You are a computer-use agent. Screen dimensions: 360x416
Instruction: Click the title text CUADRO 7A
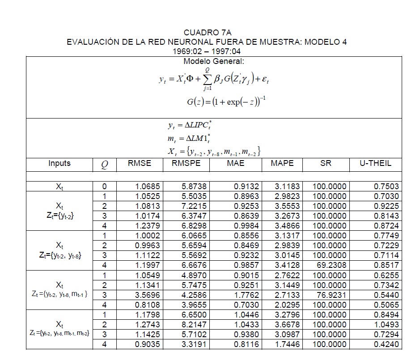click(206, 33)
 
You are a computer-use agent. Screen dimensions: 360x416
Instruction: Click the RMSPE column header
click(186, 163)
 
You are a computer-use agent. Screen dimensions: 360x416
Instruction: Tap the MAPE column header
click(282, 163)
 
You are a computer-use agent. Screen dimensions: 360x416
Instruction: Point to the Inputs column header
click(59, 163)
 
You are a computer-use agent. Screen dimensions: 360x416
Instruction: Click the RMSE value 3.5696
click(147, 295)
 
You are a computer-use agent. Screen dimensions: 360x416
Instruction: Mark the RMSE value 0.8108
click(147, 305)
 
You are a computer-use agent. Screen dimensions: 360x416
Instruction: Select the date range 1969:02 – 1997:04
click(206, 51)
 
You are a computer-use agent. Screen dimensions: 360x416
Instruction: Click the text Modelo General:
click(213, 61)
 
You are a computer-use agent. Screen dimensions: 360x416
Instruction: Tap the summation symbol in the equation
click(207, 80)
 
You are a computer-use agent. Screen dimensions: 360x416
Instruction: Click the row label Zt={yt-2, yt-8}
click(59, 256)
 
